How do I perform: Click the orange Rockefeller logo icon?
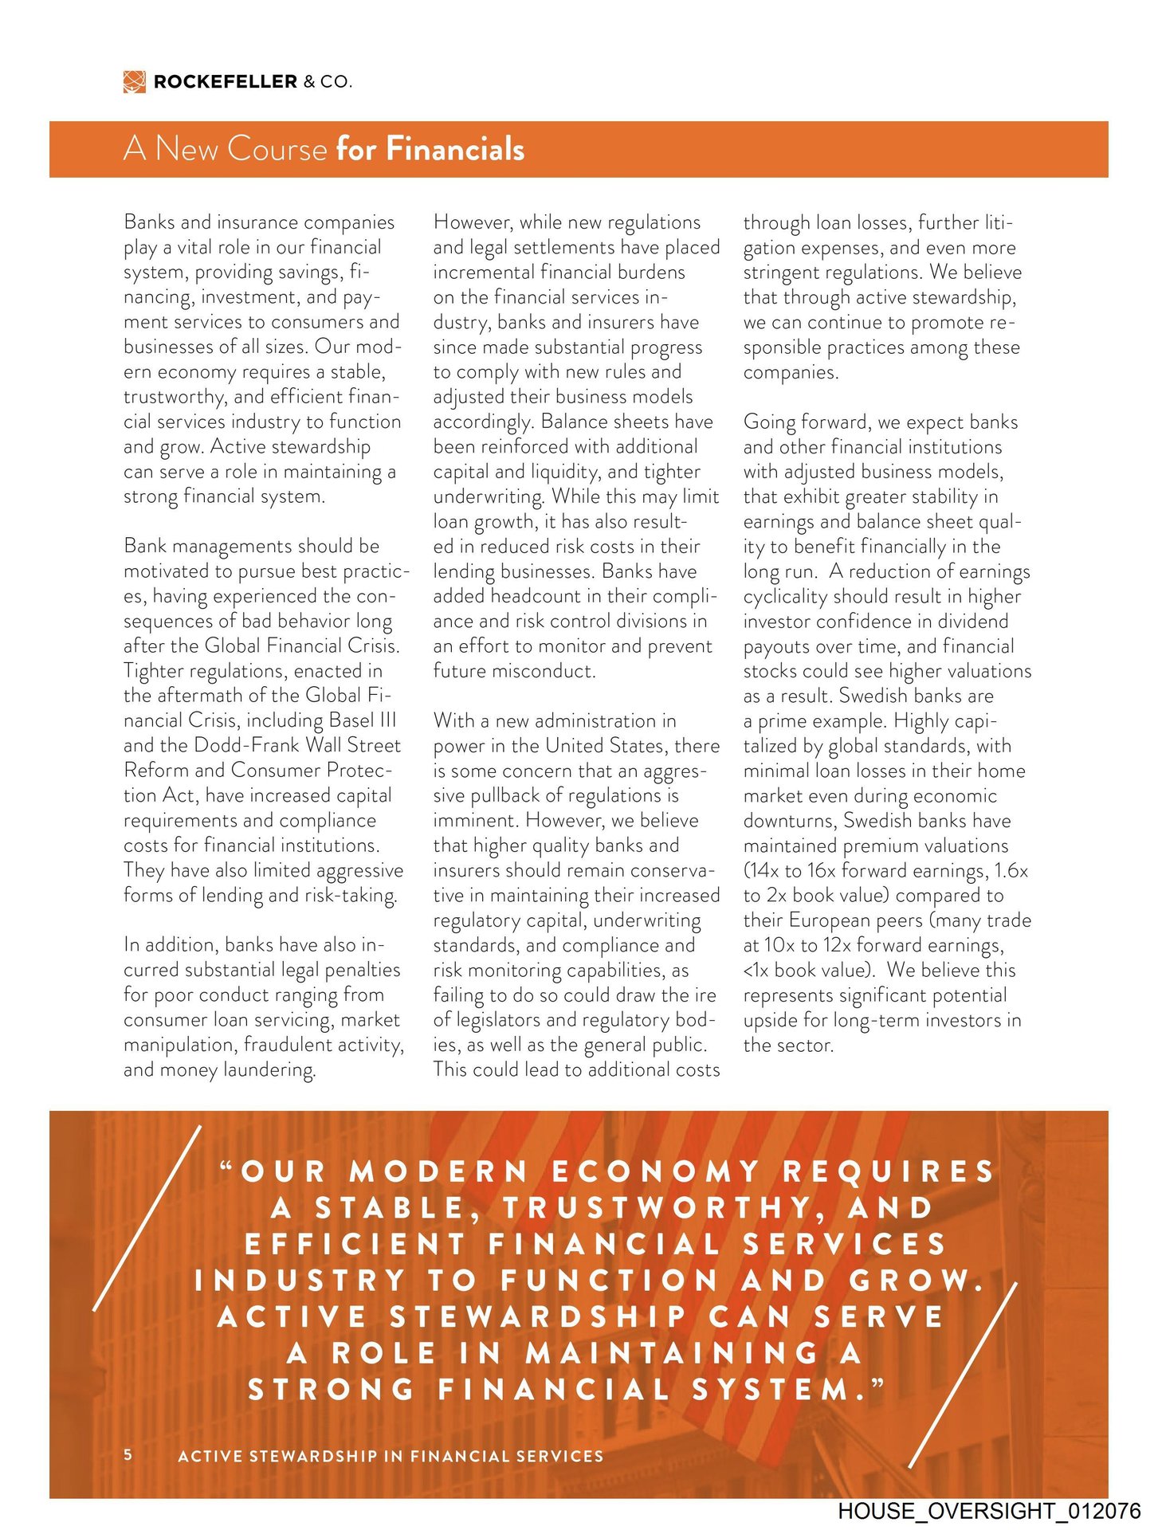(134, 81)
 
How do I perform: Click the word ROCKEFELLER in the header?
(226, 81)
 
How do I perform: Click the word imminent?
(474, 820)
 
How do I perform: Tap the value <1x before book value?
(756, 970)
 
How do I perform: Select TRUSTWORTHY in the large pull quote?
(657, 1208)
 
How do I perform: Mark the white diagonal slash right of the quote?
(963, 1375)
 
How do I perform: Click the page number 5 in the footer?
(128, 1454)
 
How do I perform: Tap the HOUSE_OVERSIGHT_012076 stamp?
(988, 1511)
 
